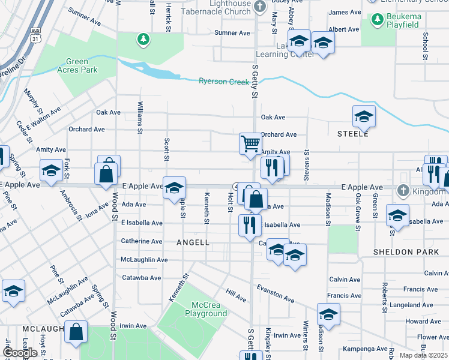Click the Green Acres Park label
pyautogui.click(x=77, y=65)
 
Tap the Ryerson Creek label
pyautogui.click(x=224, y=82)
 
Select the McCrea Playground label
pyautogui.click(x=206, y=309)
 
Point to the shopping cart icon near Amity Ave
pyautogui.click(x=250, y=143)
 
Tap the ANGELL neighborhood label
pyautogui.click(x=193, y=242)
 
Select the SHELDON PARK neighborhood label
pyautogui.click(x=406, y=252)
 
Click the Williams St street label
pyautogui.click(x=140, y=116)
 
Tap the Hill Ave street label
pyautogui.click(x=236, y=295)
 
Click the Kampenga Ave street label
pyautogui.click(x=366, y=349)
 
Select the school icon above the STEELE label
pyautogui.click(x=364, y=117)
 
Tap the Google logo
pyautogui.click(x=19, y=353)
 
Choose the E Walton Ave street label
pyautogui.click(x=43, y=118)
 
